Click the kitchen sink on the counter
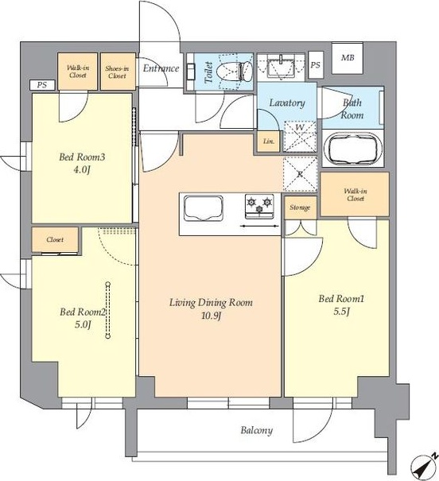click(x=204, y=208)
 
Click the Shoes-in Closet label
click(x=118, y=72)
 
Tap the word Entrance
click(x=161, y=68)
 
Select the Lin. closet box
click(x=269, y=142)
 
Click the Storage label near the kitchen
click(x=300, y=208)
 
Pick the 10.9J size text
click(x=212, y=316)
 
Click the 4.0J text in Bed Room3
click(x=81, y=170)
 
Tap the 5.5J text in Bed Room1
click(x=341, y=312)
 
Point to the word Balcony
click(x=256, y=430)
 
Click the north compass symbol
click(x=425, y=467)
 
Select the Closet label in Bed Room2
click(x=55, y=239)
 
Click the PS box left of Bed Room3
click(x=42, y=84)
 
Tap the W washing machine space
click(x=300, y=137)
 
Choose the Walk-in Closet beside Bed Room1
click(x=355, y=195)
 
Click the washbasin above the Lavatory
click(x=281, y=67)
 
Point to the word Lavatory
click(x=287, y=103)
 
